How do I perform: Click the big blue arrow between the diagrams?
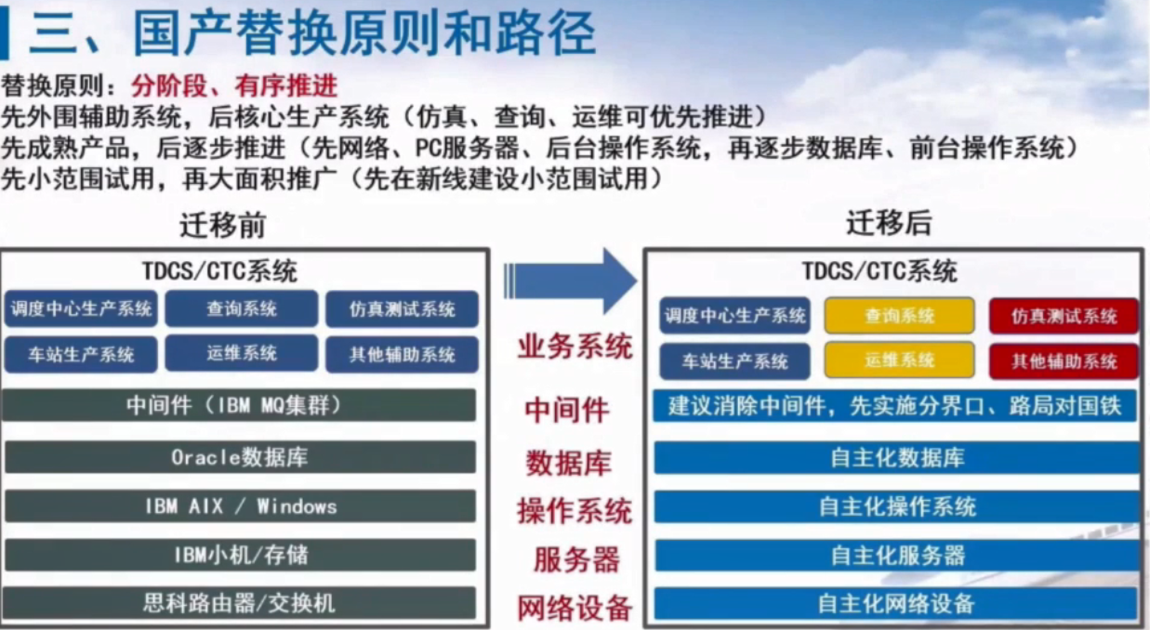tap(570, 281)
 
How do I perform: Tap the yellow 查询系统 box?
tap(900, 316)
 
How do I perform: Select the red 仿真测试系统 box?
tap(1064, 316)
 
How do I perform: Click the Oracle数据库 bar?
tap(240, 457)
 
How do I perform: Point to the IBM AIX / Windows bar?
tap(240, 506)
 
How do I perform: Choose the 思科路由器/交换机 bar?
tap(240, 603)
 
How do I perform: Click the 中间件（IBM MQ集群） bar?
tap(239, 405)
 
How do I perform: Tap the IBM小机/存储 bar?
tap(240, 555)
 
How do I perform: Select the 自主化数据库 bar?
tap(896, 457)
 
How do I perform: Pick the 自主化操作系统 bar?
tap(896, 506)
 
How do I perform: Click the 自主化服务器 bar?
tap(897, 555)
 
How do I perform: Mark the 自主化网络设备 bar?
tap(896, 603)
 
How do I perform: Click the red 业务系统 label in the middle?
tap(575, 346)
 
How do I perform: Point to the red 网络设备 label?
tap(574, 608)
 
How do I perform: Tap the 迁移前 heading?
tap(223, 225)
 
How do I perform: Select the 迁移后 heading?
tap(889, 223)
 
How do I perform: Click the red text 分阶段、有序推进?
tap(234, 85)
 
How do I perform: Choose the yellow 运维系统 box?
tap(900, 361)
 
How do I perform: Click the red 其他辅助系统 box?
tap(1064, 361)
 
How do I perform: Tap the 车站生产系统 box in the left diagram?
tap(81, 354)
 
